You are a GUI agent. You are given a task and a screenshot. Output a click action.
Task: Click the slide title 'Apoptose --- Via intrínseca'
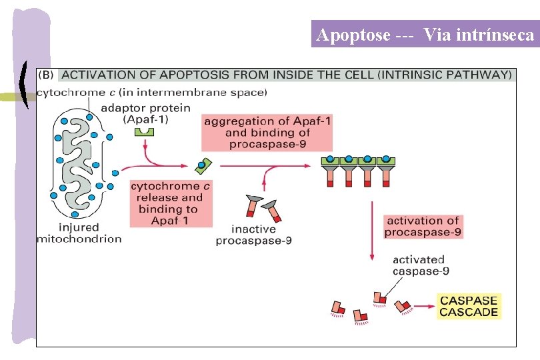[x=425, y=35]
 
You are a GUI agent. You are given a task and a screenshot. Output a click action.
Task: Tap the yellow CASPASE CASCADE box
[x=469, y=306]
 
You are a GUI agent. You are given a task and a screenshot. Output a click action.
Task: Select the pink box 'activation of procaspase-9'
[x=423, y=227]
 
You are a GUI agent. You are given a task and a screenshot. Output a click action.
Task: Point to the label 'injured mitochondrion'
[x=79, y=233]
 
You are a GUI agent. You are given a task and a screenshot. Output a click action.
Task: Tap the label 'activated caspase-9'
[x=419, y=265]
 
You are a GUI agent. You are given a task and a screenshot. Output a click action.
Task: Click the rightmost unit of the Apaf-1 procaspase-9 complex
[x=386, y=170]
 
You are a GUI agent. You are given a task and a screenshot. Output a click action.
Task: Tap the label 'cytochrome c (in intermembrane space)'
[x=151, y=92]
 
